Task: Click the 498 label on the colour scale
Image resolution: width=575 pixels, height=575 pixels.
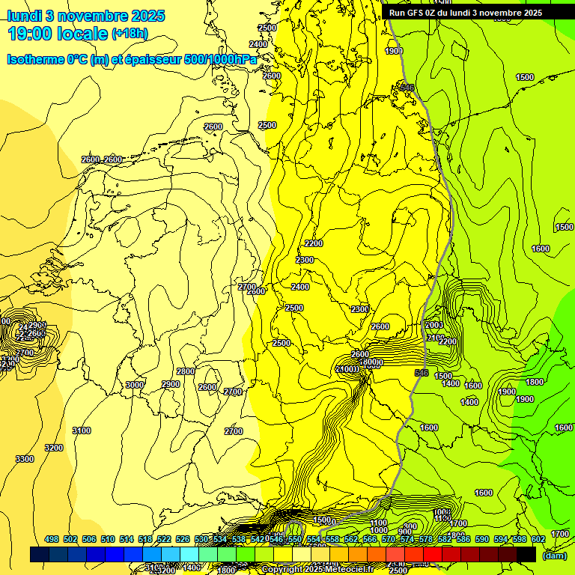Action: [x=52, y=539]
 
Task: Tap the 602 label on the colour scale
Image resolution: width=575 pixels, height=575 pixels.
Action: [x=538, y=539]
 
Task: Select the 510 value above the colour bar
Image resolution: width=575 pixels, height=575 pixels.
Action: [x=108, y=539]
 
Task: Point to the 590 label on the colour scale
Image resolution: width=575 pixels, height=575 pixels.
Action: [x=482, y=539]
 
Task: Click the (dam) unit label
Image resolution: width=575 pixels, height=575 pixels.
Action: [x=554, y=556]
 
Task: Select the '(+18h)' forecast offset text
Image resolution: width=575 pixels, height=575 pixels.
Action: [x=130, y=34]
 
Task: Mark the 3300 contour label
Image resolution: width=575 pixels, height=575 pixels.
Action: [x=25, y=459]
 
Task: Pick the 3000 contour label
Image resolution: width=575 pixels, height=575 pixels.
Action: [x=134, y=385]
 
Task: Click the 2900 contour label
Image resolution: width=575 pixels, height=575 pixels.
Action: [x=171, y=384]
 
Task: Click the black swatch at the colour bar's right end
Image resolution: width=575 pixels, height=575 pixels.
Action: [x=526, y=555]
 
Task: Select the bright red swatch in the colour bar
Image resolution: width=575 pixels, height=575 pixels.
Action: [x=433, y=555]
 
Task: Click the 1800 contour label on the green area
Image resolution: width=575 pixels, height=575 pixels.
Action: [x=535, y=382]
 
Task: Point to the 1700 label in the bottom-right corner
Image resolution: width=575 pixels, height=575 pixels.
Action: [x=559, y=534]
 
